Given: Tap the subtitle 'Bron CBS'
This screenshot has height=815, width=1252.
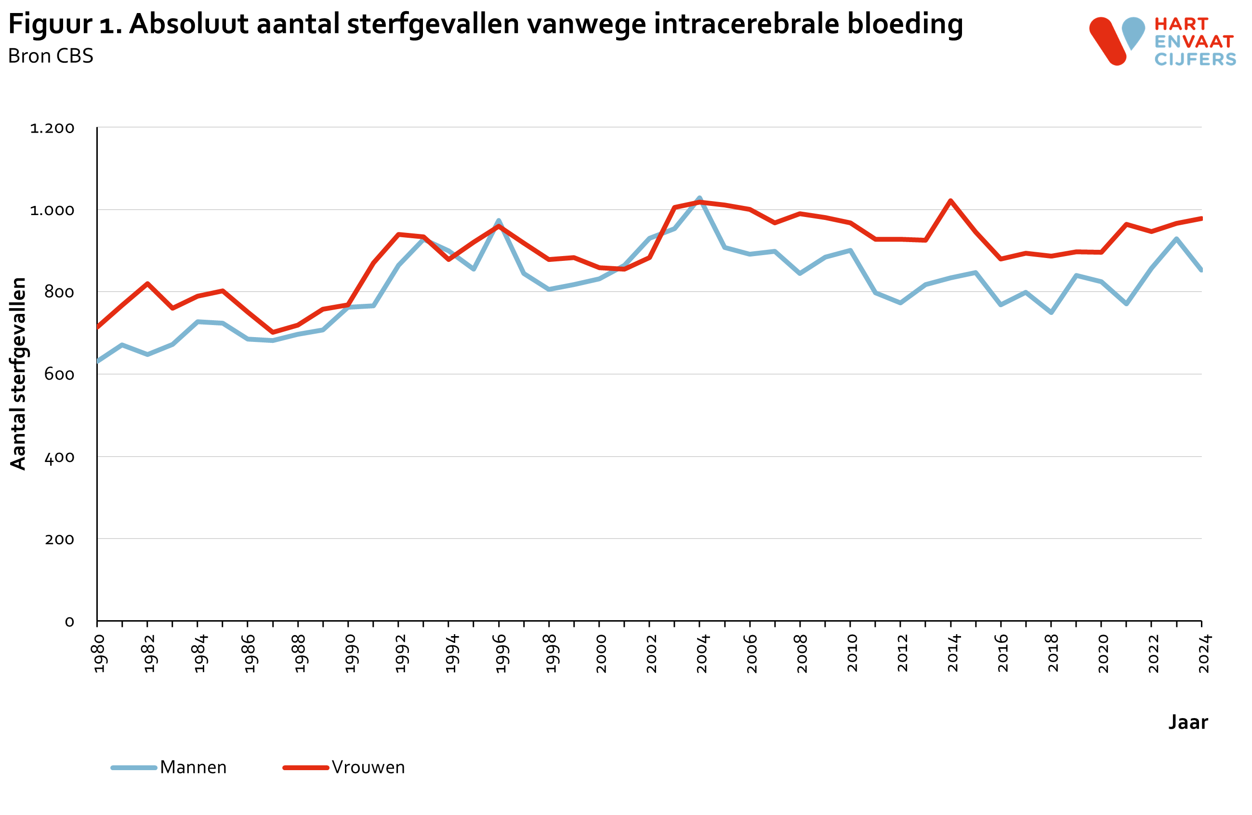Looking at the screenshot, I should click(x=51, y=56).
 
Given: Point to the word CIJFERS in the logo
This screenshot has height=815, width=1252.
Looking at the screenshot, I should click(x=1195, y=59).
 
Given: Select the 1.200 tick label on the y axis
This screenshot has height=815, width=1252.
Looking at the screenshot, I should click(x=52, y=128).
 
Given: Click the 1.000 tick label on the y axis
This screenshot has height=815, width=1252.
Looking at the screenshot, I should click(x=52, y=211).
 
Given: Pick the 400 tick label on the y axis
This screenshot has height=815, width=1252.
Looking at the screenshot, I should click(x=59, y=458).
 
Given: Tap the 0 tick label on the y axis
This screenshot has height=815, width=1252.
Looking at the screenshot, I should click(x=69, y=622).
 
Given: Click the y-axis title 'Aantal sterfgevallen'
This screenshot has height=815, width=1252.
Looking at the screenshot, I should click(x=18, y=373).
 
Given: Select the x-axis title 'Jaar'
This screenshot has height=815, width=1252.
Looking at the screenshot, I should click(x=1188, y=722).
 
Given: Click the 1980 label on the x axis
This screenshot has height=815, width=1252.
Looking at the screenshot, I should click(x=99, y=653).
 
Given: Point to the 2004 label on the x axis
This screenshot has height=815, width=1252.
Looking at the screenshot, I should click(x=702, y=653).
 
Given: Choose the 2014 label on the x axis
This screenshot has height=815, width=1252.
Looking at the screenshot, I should click(x=953, y=653).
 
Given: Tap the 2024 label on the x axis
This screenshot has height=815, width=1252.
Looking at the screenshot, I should click(x=1204, y=653).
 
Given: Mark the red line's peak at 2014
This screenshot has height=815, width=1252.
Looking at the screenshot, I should click(x=950, y=201).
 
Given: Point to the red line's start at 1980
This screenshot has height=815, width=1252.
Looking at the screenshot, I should click(x=98, y=327).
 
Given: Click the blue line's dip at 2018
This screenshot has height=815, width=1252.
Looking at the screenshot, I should click(x=1051, y=312).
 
